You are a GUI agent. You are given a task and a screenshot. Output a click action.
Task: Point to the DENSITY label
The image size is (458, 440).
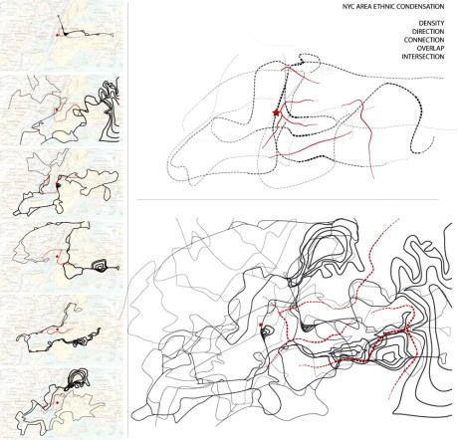tap(431, 23)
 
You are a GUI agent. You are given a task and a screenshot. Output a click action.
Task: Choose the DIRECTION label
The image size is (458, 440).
tap(428, 32)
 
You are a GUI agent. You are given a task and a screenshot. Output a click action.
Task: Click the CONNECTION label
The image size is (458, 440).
tap(424, 40)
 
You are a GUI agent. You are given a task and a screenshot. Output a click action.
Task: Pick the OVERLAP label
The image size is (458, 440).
tap(430, 48)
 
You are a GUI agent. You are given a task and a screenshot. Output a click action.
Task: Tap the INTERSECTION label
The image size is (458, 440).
tap(423, 57)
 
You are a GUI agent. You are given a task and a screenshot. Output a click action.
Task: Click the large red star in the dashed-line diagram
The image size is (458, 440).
tap(276, 112)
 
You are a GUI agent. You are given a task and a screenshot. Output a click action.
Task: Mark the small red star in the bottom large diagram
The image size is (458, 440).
tap(261, 325)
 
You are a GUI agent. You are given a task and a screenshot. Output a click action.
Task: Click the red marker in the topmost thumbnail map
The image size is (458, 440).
tap(57, 35)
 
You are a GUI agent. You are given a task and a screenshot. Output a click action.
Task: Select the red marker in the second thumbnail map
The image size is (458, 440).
tap(57, 109)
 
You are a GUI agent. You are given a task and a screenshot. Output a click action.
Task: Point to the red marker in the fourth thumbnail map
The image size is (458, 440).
tap(57, 257)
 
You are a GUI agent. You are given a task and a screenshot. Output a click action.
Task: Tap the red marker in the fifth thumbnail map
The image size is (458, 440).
tap(57, 330)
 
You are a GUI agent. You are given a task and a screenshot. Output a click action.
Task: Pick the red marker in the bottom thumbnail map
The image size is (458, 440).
tap(58, 402)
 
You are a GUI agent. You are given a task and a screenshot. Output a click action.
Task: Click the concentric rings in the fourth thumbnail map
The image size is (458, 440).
tap(99, 266)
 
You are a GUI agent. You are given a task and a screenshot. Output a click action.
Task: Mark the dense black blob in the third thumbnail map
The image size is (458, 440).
tap(59, 185)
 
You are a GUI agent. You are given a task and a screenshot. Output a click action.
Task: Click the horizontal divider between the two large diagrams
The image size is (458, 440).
tap(288, 200)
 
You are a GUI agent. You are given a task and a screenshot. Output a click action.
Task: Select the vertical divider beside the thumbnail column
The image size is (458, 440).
tap(128, 219)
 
